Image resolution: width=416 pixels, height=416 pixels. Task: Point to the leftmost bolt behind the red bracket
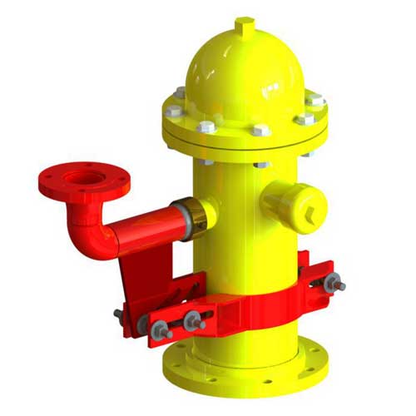[119, 314]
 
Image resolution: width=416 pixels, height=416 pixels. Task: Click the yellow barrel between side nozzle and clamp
[250, 250]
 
